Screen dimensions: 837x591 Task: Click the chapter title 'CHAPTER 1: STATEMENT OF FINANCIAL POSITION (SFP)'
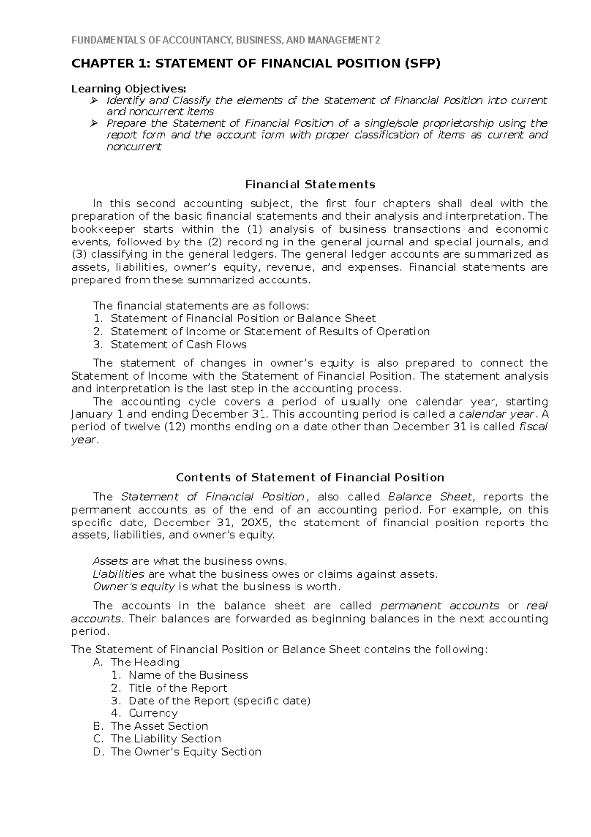pyautogui.click(x=256, y=64)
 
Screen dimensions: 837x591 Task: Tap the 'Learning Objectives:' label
pyautogui.click(x=129, y=89)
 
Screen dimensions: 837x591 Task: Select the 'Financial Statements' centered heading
pyautogui.click(x=310, y=185)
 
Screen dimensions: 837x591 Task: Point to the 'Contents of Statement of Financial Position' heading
pyautogui.click(x=310, y=478)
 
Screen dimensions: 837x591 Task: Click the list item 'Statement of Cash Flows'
pyautogui.click(x=178, y=345)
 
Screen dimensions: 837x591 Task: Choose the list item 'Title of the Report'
pyautogui.click(x=177, y=688)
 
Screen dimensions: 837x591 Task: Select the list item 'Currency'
pyautogui.click(x=153, y=713)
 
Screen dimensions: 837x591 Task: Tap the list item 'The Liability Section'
pyautogui.click(x=165, y=739)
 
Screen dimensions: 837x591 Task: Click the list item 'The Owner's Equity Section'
pyautogui.click(x=186, y=752)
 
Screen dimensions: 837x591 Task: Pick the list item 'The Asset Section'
pyautogui.click(x=159, y=726)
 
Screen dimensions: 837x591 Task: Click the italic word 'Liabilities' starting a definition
pyautogui.click(x=119, y=574)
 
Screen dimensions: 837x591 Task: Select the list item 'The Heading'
pyautogui.click(x=145, y=663)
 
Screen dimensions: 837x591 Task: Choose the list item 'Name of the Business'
pyautogui.click(x=188, y=675)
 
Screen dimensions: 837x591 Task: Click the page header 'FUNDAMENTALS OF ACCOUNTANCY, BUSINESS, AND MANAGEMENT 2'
pyautogui.click(x=226, y=41)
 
